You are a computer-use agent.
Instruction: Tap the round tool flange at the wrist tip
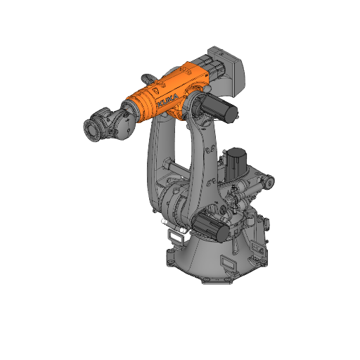click(x=92, y=130)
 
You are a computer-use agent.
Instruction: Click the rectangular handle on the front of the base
click(x=231, y=262)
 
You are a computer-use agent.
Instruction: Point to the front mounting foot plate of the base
click(x=215, y=280)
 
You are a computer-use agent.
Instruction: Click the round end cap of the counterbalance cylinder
click(x=269, y=183)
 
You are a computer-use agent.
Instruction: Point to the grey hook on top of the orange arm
click(x=149, y=75)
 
